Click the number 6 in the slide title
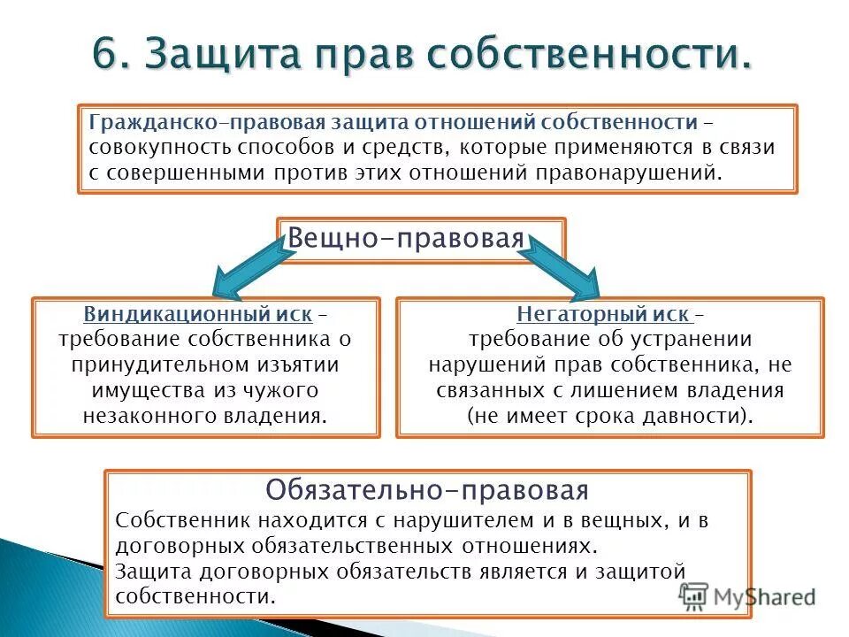(107, 56)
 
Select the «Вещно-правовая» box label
(407, 239)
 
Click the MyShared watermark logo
(747, 595)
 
